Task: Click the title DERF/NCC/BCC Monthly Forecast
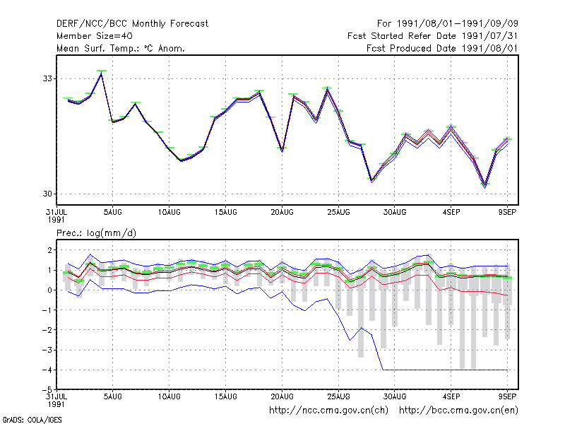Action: click(x=132, y=24)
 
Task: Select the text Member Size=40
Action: click(x=95, y=36)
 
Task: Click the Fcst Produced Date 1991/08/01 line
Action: click(x=442, y=48)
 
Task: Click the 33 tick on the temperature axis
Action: click(x=47, y=78)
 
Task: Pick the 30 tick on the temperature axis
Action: click(x=47, y=194)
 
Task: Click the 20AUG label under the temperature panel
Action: click(x=282, y=213)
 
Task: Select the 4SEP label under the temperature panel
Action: click(x=451, y=213)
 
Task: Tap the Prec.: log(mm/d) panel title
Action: click(x=96, y=233)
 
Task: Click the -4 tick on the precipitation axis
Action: click(x=47, y=370)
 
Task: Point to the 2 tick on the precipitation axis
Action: click(x=50, y=250)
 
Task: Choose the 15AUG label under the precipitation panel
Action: click(x=225, y=396)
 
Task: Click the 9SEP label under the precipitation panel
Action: click(x=507, y=396)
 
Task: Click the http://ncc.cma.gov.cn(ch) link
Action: click(x=328, y=411)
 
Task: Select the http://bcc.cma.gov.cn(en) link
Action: click(x=458, y=411)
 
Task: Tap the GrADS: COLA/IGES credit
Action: click(x=32, y=420)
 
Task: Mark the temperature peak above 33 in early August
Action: click(x=102, y=73)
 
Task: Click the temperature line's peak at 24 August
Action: click(x=327, y=89)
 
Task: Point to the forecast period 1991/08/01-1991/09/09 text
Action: click(x=448, y=24)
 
